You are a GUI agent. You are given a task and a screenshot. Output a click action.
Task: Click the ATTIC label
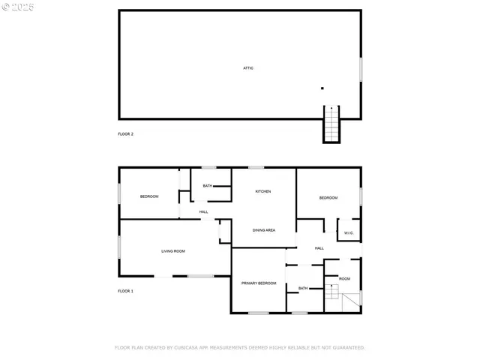248,68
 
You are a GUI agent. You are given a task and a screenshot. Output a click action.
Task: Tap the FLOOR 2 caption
125,133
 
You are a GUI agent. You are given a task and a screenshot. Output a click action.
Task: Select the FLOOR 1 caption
125,291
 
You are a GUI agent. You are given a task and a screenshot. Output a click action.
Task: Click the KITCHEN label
263,191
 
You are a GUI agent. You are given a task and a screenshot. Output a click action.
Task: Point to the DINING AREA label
263,230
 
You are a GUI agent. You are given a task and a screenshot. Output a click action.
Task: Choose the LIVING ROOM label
173,251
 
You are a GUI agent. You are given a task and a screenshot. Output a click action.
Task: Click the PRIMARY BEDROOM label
259,283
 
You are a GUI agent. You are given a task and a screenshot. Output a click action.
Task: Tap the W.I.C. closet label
349,233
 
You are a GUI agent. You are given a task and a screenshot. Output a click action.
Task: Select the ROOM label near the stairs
344,278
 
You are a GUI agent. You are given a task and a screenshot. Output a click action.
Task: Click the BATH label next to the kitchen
207,186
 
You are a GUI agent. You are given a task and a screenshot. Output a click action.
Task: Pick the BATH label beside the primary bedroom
303,288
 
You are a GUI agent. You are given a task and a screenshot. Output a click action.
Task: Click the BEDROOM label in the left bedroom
149,196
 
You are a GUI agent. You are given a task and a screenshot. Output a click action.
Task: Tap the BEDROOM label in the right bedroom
328,198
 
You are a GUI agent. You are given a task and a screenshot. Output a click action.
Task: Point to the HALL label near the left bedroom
203,212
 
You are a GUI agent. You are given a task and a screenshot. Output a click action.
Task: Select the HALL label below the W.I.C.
319,248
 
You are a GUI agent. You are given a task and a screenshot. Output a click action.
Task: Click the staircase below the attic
331,125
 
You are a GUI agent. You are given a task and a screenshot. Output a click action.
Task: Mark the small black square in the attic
322,88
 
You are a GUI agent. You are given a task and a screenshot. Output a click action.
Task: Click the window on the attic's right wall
361,69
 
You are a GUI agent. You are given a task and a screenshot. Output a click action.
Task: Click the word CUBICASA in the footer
190,348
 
